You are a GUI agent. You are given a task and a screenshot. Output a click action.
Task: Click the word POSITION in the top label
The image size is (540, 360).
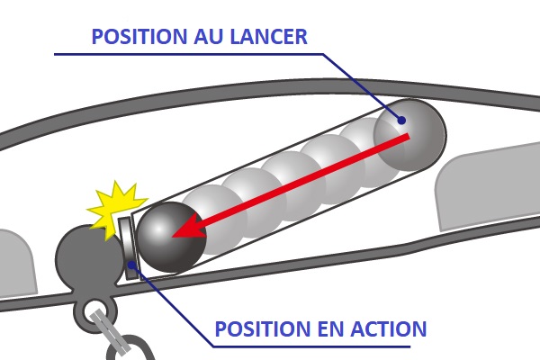coord(140,37)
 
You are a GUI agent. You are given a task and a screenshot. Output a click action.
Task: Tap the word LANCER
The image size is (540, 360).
coord(269,37)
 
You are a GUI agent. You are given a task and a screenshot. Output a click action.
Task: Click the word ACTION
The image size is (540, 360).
coord(389,328)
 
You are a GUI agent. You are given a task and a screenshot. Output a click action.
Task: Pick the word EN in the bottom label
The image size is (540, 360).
coord(331,328)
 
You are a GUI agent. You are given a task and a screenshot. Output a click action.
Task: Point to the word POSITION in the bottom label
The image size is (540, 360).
coord(264,328)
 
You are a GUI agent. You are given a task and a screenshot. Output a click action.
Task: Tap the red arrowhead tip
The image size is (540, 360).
coord(172,237)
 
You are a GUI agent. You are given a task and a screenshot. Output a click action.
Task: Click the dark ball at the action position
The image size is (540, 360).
coord(171,238)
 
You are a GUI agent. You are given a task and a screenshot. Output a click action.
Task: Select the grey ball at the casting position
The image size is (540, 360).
coord(409,135)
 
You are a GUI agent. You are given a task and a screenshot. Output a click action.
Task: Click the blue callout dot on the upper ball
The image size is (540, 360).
coord(401,121)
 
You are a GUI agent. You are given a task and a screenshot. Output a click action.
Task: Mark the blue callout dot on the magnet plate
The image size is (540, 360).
coord(131,265)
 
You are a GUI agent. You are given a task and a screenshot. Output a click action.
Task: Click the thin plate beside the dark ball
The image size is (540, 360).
coord(128,248)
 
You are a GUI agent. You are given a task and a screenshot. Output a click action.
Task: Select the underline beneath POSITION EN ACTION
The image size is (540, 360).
coord(311,346)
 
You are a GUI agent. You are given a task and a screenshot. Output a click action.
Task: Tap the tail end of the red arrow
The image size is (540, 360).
coord(409,137)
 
